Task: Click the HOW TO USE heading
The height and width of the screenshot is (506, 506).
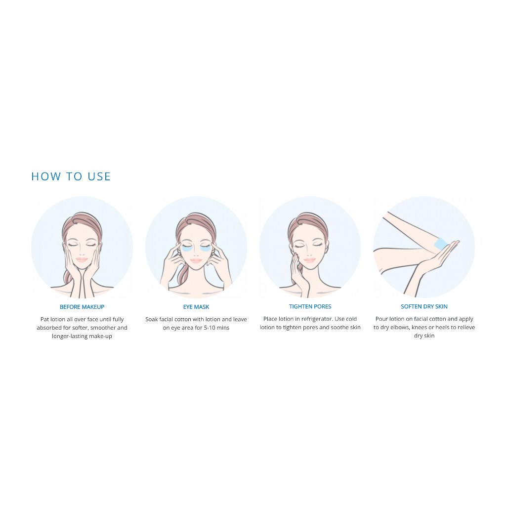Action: point(71,176)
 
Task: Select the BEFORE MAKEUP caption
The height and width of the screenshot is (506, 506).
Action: point(82,307)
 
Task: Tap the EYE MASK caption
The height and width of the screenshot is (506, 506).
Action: point(196,307)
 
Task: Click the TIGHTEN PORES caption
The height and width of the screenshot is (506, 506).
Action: point(310,306)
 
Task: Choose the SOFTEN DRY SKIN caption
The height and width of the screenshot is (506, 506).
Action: point(424,306)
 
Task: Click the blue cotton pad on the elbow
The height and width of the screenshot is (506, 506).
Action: point(441,244)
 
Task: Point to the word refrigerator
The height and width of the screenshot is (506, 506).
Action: point(320,319)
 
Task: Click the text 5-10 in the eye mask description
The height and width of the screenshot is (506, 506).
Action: point(210,328)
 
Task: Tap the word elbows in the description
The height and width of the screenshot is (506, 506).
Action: point(399,327)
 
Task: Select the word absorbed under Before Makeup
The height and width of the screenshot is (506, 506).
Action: point(49,328)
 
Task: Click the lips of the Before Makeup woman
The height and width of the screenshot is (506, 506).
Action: point(82,259)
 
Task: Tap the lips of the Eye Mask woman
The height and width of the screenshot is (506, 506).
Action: point(196,260)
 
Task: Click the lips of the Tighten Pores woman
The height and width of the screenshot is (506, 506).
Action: point(309,260)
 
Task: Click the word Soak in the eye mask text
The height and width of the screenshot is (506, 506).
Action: point(151,319)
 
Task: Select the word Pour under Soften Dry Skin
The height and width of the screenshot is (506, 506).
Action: point(382,319)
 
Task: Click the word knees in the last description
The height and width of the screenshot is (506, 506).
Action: point(419,327)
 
